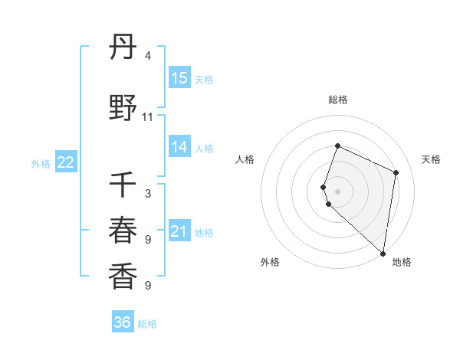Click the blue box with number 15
click(x=179, y=78)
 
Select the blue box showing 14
click(x=179, y=148)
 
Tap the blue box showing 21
click(x=179, y=232)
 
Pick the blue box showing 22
click(x=66, y=163)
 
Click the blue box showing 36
click(x=123, y=323)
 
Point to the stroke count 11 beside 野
click(x=148, y=117)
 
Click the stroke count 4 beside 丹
click(x=148, y=56)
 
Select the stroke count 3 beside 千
click(x=148, y=194)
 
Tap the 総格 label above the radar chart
click(x=338, y=100)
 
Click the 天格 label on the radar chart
click(x=431, y=159)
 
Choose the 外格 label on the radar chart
click(x=270, y=262)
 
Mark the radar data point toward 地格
click(x=383, y=254)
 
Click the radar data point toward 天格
click(x=396, y=172)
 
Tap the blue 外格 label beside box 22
click(x=41, y=164)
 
